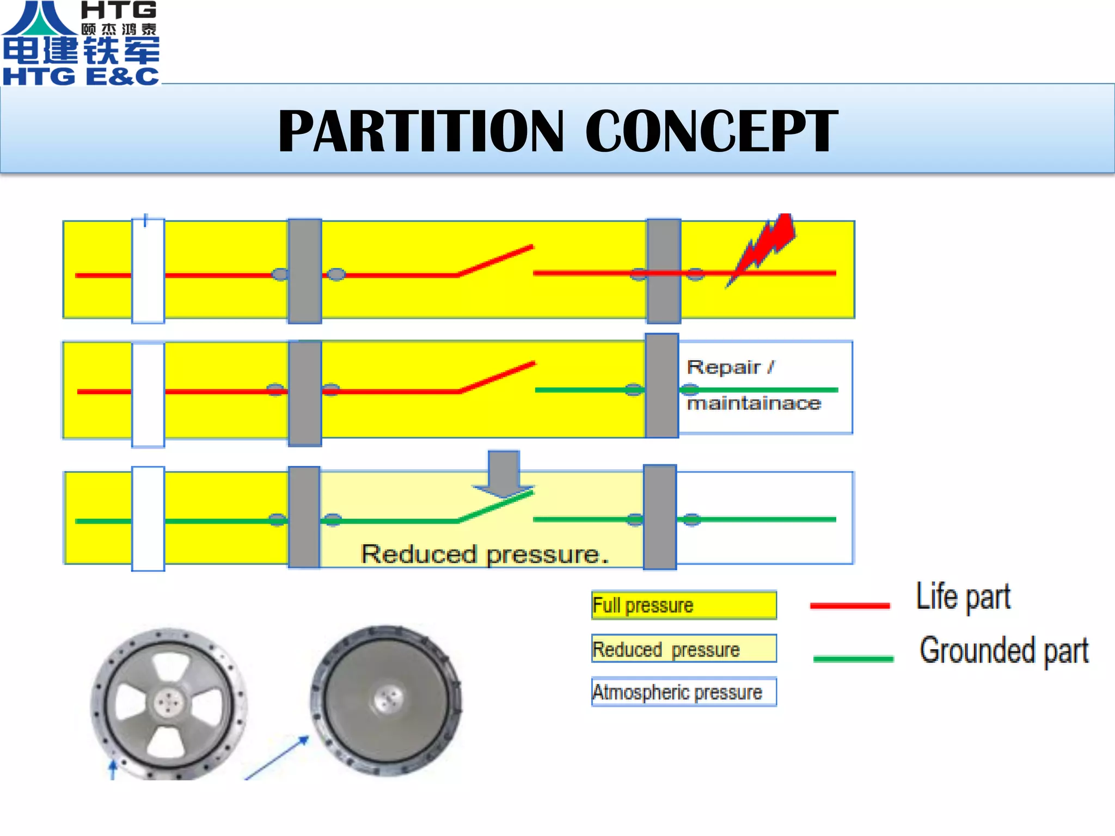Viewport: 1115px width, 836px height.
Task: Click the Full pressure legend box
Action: click(x=684, y=605)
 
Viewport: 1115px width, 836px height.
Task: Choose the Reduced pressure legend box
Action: click(x=684, y=649)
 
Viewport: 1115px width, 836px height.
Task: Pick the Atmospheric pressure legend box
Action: click(x=684, y=692)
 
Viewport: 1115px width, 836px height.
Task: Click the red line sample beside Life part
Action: click(x=850, y=605)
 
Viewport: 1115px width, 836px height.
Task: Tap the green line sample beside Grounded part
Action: click(x=853, y=659)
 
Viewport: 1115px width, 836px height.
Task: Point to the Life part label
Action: click(x=963, y=597)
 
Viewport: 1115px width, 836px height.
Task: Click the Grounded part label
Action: click(x=1004, y=650)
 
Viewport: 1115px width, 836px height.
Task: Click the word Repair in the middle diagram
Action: click(x=724, y=367)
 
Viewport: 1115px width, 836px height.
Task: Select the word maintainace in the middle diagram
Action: click(x=754, y=403)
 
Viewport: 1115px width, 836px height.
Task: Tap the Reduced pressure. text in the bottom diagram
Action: click(x=485, y=554)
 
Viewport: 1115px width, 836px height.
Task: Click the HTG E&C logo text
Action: click(x=81, y=76)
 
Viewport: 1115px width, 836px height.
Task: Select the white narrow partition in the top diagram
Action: click(x=148, y=271)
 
